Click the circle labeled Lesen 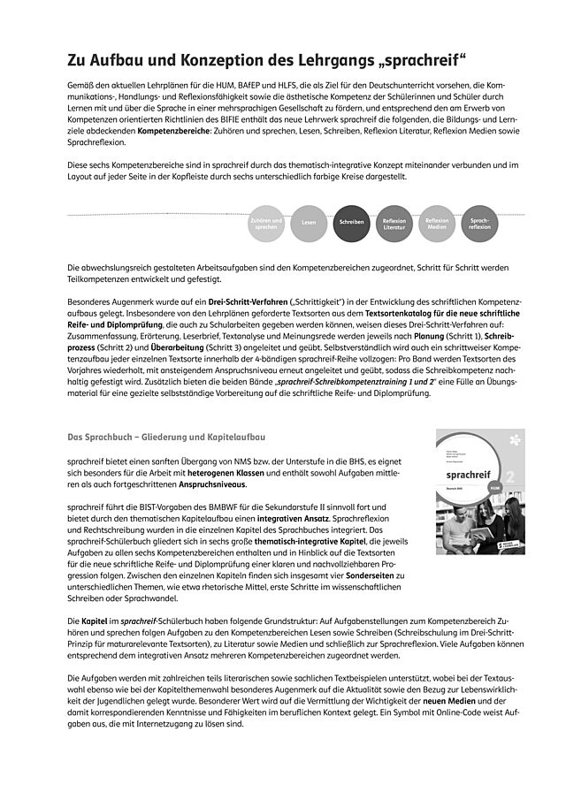point(309,223)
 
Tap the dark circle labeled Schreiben point(351,223)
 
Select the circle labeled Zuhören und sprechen point(266,223)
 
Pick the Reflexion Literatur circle point(394,223)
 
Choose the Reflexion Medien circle point(437,223)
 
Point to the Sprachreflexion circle point(479,223)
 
